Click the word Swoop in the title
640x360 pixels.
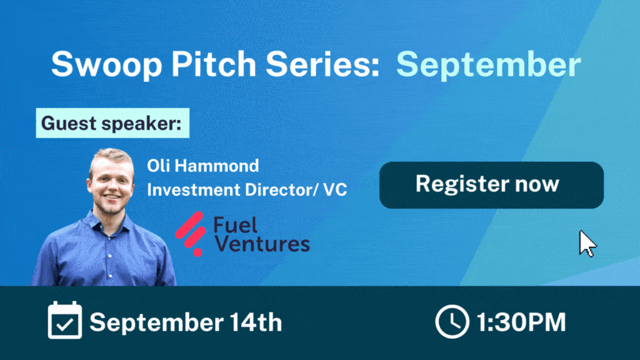[x=106, y=64]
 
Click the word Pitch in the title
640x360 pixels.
[x=214, y=64]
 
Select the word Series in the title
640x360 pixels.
[x=322, y=64]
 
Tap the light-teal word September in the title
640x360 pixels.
[x=489, y=65]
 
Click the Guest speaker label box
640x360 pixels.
[x=112, y=123]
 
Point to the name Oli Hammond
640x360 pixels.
[x=203, y=166]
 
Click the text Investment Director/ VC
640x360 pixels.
[x=247, y=190]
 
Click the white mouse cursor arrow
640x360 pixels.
[x=587, y=244]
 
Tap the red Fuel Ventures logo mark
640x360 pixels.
[x=191, y=234]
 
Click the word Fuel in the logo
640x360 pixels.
[x=236, y=225]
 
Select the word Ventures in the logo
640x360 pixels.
[x=262, y=244]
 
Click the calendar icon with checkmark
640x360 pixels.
[x=65, y=321]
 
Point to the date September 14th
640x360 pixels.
[x=186, y=322]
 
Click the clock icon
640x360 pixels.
[x=452, y=322]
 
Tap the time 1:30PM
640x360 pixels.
[x=521, y=322]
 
